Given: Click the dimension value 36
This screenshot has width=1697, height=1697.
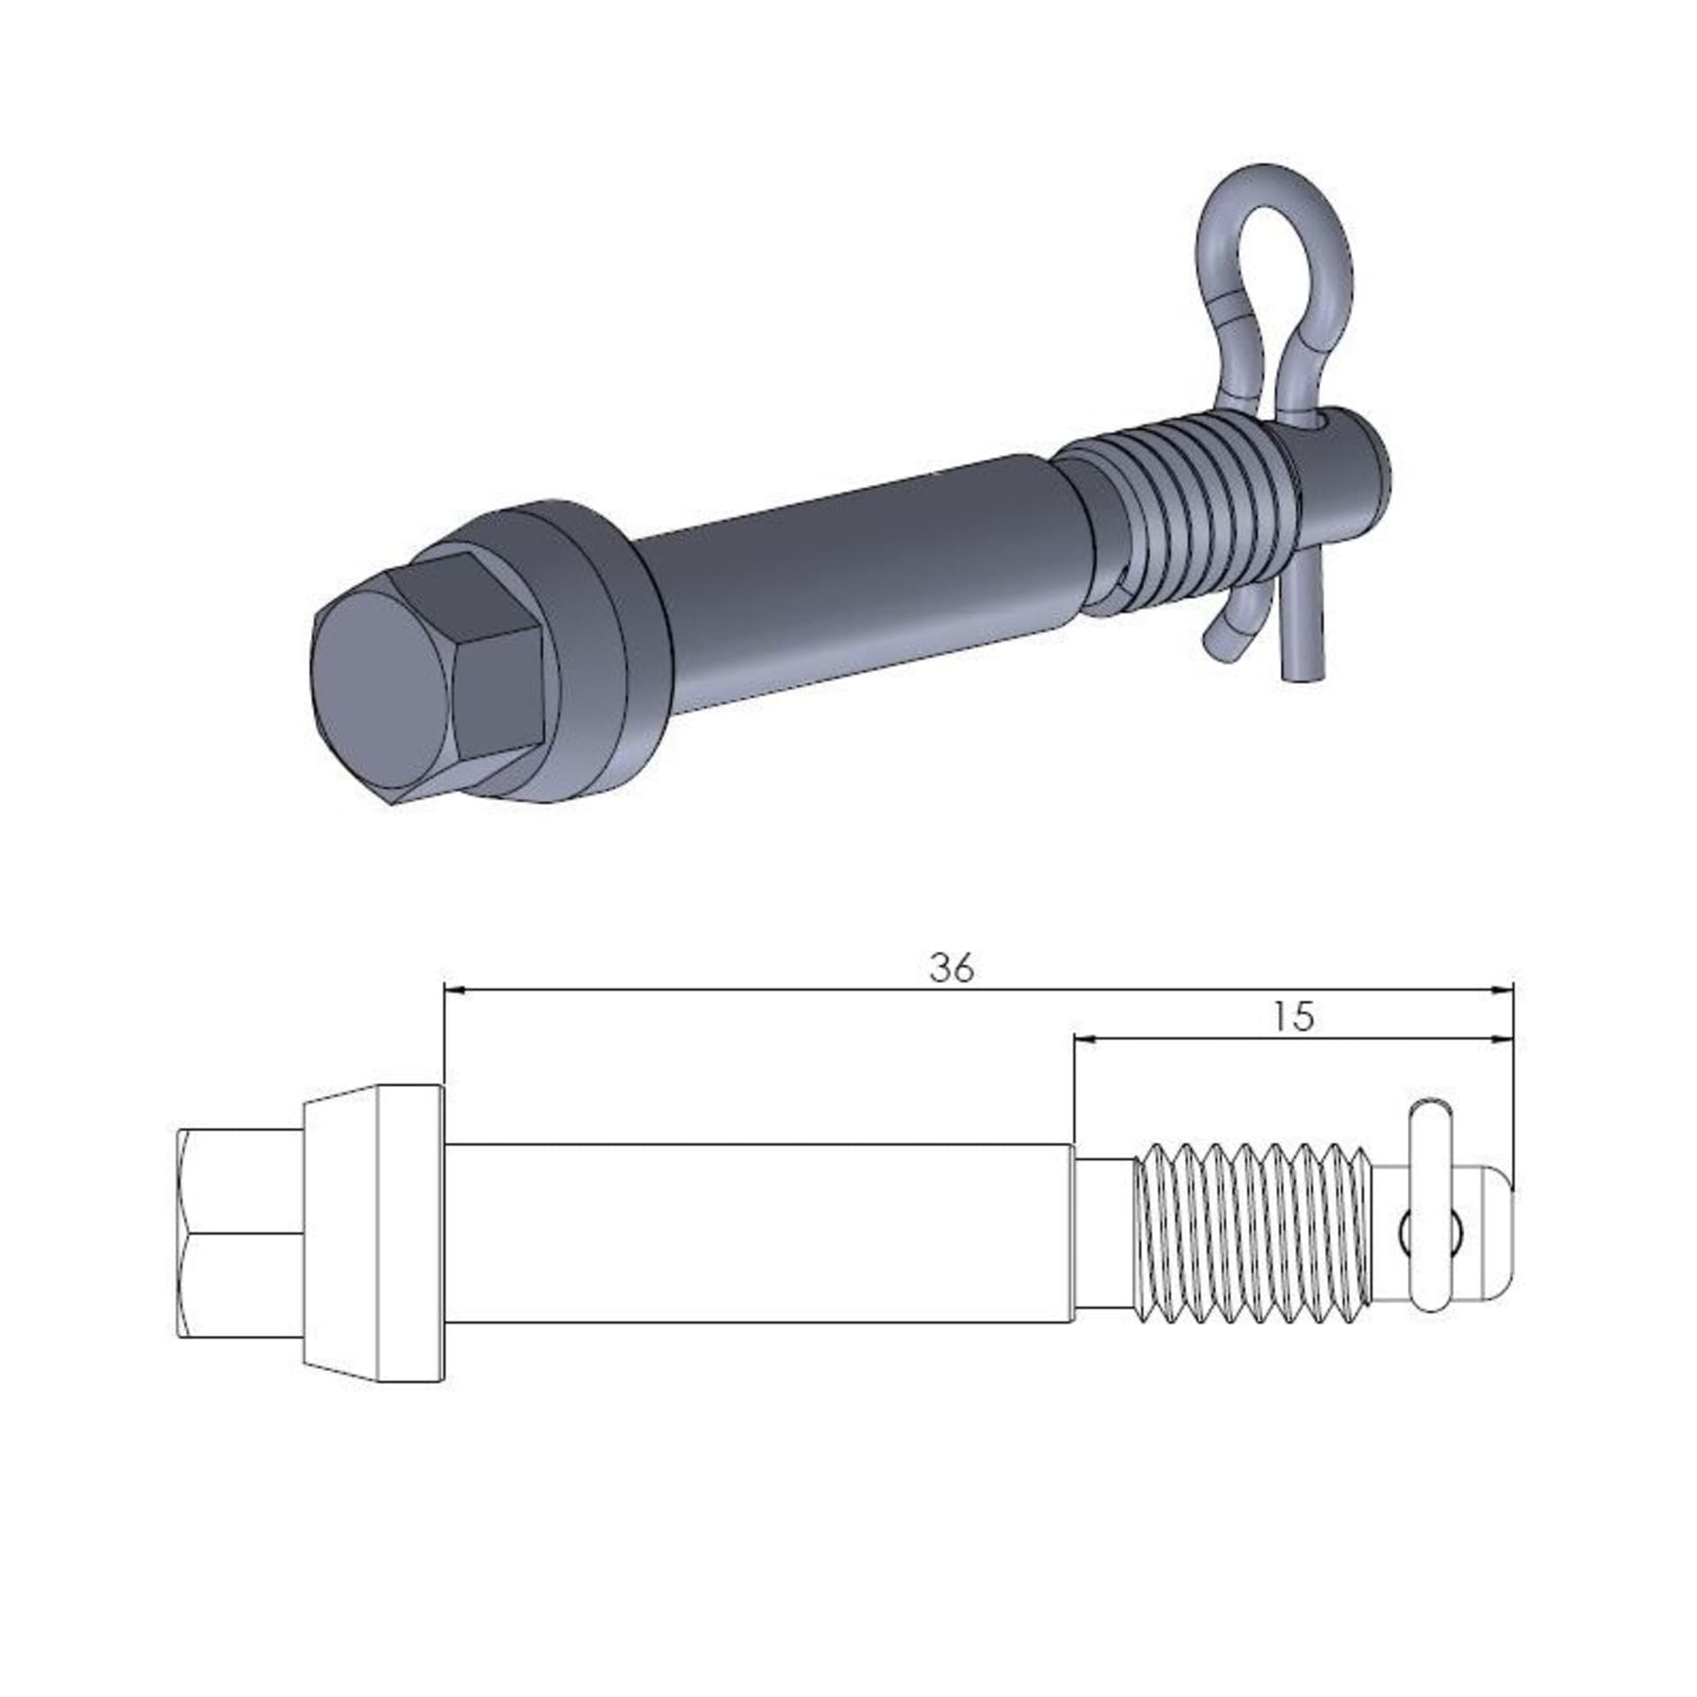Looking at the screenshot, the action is tap(951, 969).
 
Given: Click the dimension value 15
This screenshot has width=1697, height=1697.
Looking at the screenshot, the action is tap(1295, 1017).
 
